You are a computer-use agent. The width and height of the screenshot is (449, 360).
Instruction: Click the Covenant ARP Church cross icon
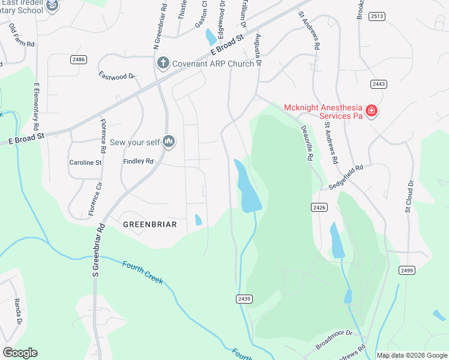click(x=162, y=63)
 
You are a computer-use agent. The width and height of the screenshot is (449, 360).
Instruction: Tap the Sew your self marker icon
click(x=169, y=142)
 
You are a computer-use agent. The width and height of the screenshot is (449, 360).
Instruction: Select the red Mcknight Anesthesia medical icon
click(x=372, y=111)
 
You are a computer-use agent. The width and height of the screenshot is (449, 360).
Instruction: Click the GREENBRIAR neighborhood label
click(x=149, y=224)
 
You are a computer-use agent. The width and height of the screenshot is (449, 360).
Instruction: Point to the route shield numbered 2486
click(x=78, y=59)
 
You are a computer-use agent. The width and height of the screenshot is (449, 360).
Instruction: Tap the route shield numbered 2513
click(x=377, y=16)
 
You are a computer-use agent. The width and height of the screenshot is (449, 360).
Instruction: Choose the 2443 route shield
click(x=378, y=84)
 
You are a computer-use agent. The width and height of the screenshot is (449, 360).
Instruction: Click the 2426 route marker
click(x=319, y=207)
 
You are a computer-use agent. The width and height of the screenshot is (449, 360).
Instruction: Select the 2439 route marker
click(x=244, y=298)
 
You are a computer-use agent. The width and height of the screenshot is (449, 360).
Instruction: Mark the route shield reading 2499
click(x=407, y=271)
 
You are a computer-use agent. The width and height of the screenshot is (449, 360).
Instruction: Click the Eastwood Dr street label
click(x=117, y=76)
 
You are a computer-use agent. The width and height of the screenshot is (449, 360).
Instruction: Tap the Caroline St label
click(x=86, y=163)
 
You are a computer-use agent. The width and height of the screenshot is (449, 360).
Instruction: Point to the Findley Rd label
click(x=139, y=161)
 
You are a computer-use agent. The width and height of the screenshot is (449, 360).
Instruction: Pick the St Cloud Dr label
click(x=409, y=196)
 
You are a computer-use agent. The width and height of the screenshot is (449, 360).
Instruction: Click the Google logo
click(x=20, y=353)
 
